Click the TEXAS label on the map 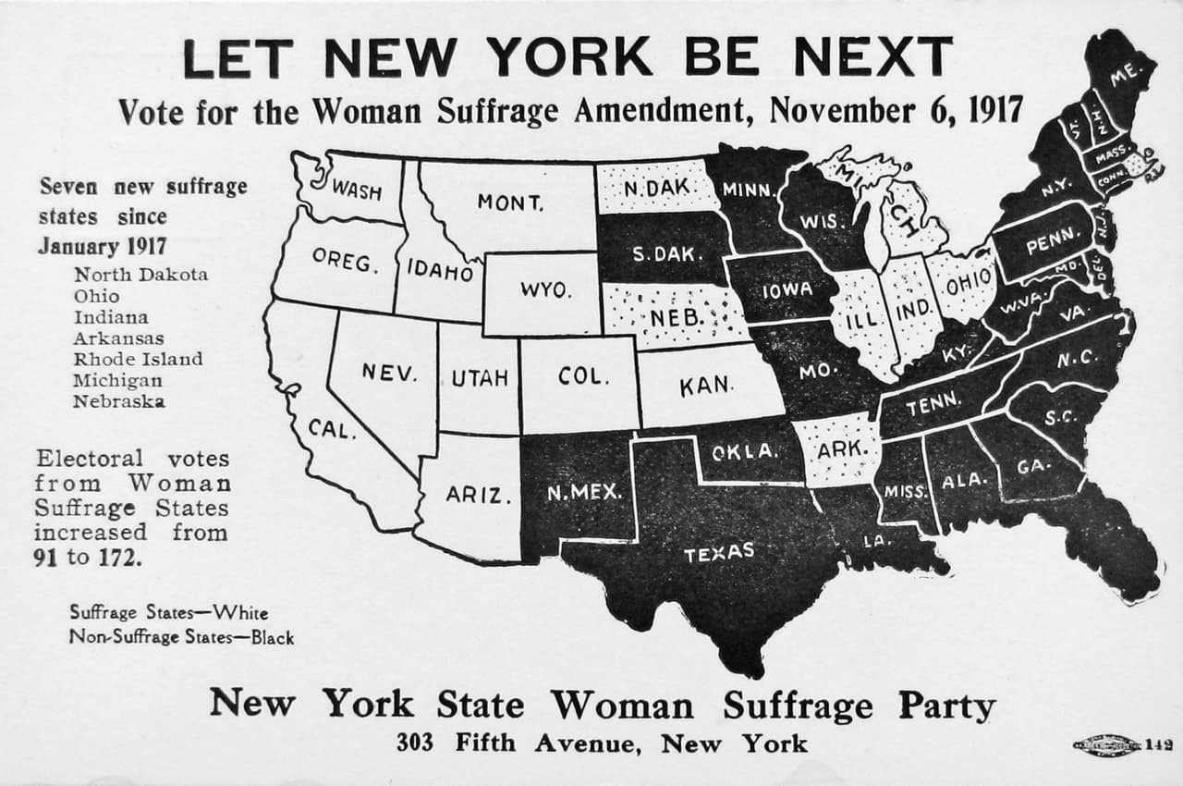[719, 553]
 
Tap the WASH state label [357, 190]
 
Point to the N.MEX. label [584, 492]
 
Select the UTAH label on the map [480, 377]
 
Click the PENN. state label [1052, 244]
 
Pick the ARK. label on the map [841, 449]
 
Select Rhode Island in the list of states [139, 359]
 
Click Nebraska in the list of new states [120, 401]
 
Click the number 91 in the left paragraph [51, 558]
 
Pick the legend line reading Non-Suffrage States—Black [181, 637]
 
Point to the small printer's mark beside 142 [1106, 745]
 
